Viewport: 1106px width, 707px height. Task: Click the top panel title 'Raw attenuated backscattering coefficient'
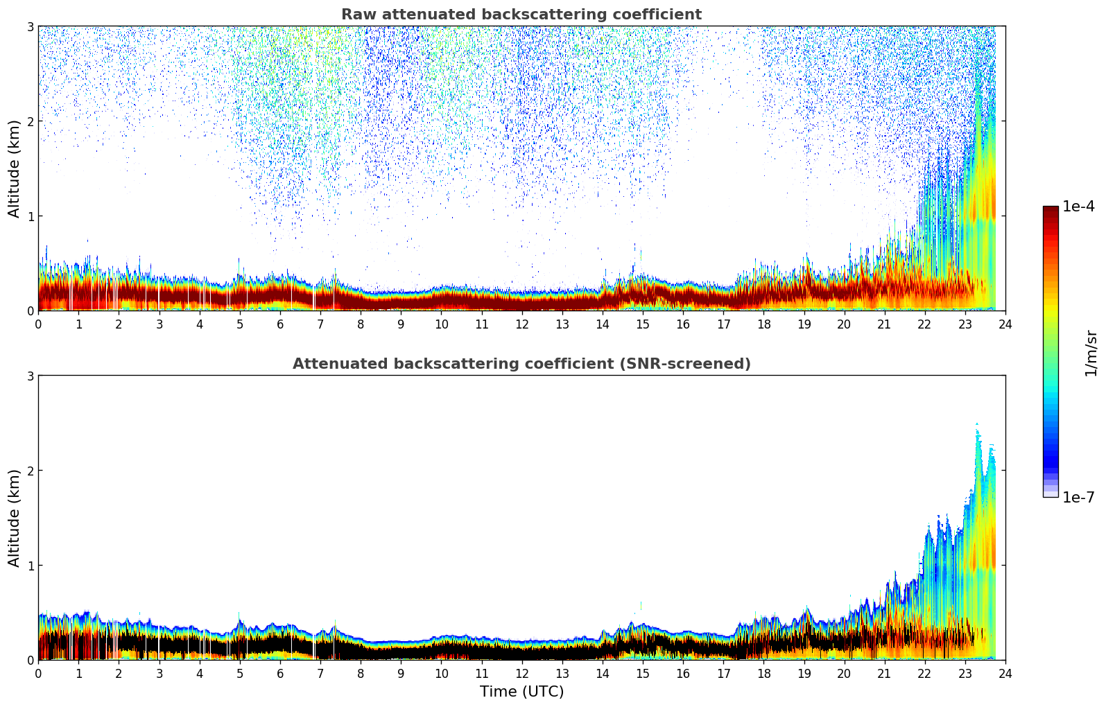pos(521,15)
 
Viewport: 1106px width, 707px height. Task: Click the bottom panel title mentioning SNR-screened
pos(521,364)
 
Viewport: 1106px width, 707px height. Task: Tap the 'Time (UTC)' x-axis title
pos(521,692)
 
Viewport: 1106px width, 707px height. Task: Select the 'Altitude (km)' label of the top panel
pos(14,168)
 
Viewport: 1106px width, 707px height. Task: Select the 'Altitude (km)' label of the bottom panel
pos(14,518)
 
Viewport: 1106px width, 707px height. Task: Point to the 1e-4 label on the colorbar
pos(1078,207)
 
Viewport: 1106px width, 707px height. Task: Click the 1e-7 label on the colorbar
pos(1078,497)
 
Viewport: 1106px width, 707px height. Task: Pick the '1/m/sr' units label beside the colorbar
pos(1091,353)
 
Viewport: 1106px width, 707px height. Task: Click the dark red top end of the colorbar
pos(1050,210)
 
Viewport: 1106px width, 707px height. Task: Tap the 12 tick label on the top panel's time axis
pos(521,324)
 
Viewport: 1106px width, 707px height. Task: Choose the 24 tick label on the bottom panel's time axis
pos(1005,673)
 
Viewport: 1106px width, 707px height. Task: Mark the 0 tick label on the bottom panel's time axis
pos(38,673)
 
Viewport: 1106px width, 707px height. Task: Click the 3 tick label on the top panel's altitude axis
pos(30,26)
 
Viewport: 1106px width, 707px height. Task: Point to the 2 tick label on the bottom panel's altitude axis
pos(30,471)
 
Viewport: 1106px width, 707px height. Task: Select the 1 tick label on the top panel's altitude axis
pos(30,216)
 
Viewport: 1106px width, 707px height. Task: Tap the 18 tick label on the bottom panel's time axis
pos(763,673)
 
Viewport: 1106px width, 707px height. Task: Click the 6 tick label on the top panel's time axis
pos(280,324)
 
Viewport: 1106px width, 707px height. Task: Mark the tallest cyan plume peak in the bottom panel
pos(977,425)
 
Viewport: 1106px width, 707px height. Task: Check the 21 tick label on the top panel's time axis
pos(884,324)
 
